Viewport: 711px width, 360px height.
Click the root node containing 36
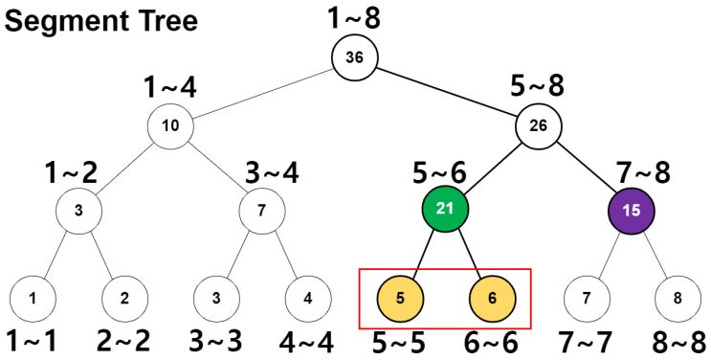tap(354, 56)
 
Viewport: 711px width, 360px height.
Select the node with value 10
tap(171, 125)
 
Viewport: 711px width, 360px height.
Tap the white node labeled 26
tap(539, 125)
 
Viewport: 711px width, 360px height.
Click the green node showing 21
tap(446, 210)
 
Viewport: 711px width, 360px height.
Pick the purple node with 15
tap(631, 210)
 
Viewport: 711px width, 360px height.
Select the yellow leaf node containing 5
tap(401, 297)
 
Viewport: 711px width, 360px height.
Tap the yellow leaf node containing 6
tap(492, 297)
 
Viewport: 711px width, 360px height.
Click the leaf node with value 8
tap(677, 297)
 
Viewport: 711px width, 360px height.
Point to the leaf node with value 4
tap(308, 297)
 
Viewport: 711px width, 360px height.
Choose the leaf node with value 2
tap(125, 297)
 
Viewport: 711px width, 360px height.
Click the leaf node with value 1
tap(33, 297)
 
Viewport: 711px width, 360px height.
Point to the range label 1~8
tap(354, 16)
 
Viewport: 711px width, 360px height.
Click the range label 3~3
tap(216, 339)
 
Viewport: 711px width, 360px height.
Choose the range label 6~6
tap(492, 339)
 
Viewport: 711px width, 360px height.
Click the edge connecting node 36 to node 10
tap(263, 91)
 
